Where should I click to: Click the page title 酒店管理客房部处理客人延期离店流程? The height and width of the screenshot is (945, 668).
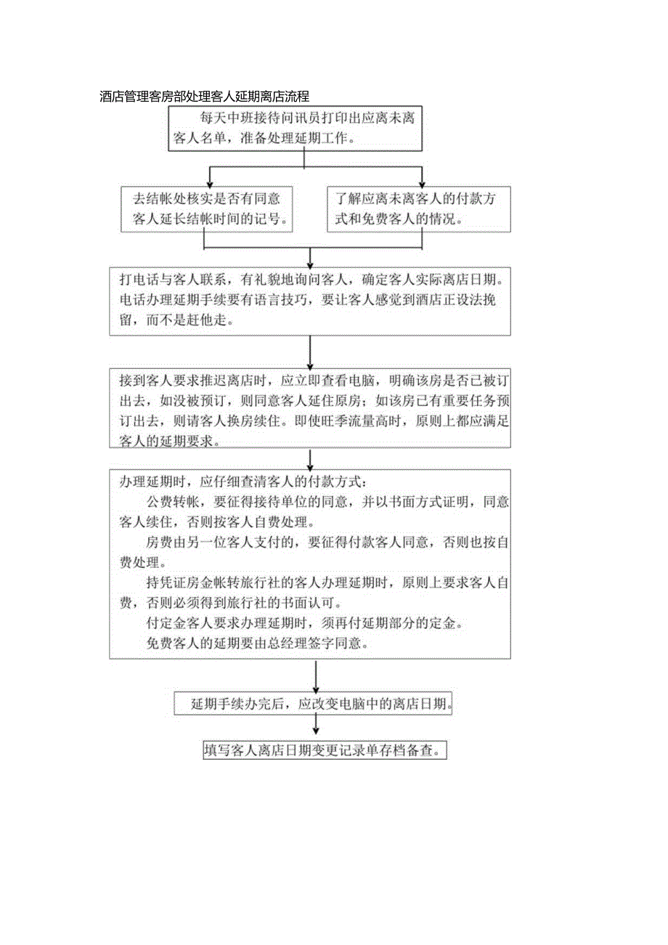(x=204, y=96)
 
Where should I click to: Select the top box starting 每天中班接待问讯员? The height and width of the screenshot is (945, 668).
(x=296, y=128)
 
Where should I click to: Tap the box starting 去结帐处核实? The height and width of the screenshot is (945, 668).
(x=208, y=208)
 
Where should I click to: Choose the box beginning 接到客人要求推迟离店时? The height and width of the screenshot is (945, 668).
(x=310, y=411)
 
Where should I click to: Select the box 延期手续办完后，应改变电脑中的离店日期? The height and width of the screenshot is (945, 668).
(x=314, y=705)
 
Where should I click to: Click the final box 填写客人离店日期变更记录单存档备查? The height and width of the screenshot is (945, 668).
(x=324, y=750)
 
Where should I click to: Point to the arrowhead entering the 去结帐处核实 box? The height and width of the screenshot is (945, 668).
(x=209, y=182)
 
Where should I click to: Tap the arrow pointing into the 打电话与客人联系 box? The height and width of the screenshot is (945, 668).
(x=310, y=262)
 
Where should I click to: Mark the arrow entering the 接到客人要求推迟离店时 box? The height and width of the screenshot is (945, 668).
(x=310, y=364)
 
